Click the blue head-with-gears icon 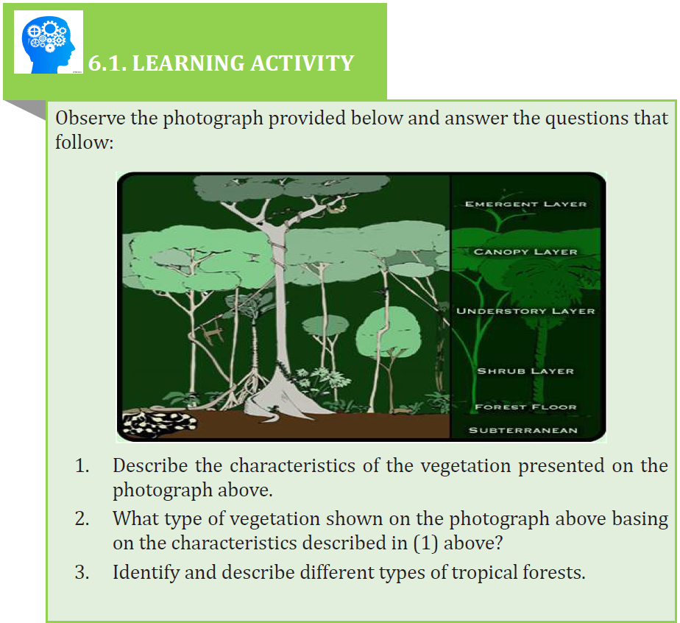pos(49,43)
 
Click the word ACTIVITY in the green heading pos(302,63)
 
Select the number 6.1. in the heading pos(107,63)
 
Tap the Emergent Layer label pos(525,204)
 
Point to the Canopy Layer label pos(525,252)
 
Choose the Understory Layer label pos(525,311)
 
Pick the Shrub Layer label pos(525,371)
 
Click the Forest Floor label pos(525,407)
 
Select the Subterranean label pos(523,430)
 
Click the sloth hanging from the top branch pos(336,208)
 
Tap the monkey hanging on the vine pos(212,333)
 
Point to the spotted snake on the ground pos(159,422)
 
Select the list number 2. pos(82,519)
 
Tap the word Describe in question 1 pos(150,465)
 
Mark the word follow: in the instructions pos(84,142)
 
